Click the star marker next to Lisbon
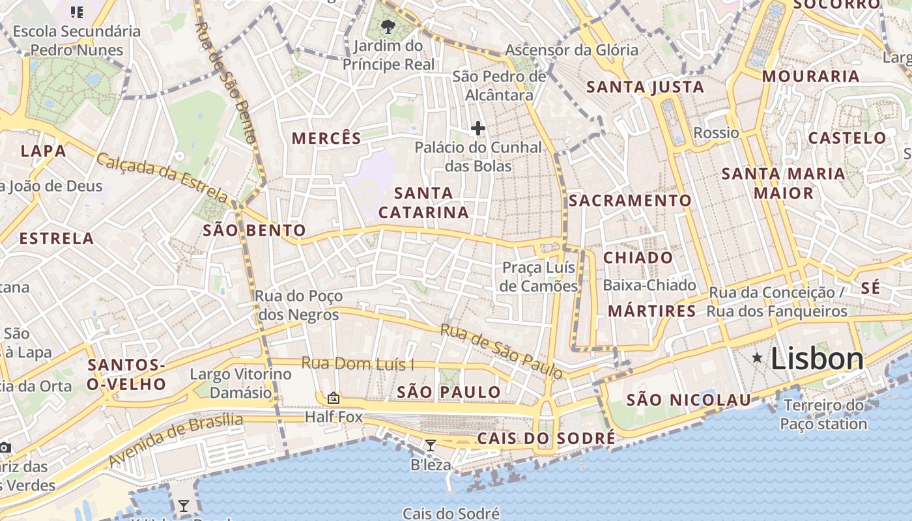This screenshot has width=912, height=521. click(757, 358)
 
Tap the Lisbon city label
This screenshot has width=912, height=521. click(818, 359)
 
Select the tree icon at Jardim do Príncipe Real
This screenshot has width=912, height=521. click(389, 27)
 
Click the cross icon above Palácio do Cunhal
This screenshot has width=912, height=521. click(478, 128)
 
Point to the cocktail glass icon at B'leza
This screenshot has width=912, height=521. click(430, 445)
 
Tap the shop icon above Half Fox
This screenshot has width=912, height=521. click(334, 397)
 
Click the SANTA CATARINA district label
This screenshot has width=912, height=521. click(423, 203)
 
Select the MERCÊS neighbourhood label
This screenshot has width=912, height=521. click(326, 138)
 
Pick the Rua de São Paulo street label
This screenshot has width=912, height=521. click(501, 351)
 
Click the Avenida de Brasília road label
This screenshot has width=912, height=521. click(176, 440)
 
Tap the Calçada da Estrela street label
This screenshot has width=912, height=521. click(163, 177)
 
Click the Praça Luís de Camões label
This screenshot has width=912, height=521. click(539, 277)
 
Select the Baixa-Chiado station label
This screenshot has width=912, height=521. click(649, 285)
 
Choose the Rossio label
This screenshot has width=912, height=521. click(717, 133)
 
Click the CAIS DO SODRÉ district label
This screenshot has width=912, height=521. click(546, 438)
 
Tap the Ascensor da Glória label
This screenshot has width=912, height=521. click(572, 49)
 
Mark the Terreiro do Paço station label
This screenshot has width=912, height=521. click(825, 415)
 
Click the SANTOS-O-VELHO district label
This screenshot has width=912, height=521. click(127, 374)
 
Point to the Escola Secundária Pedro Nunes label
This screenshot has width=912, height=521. click(77, 40)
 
